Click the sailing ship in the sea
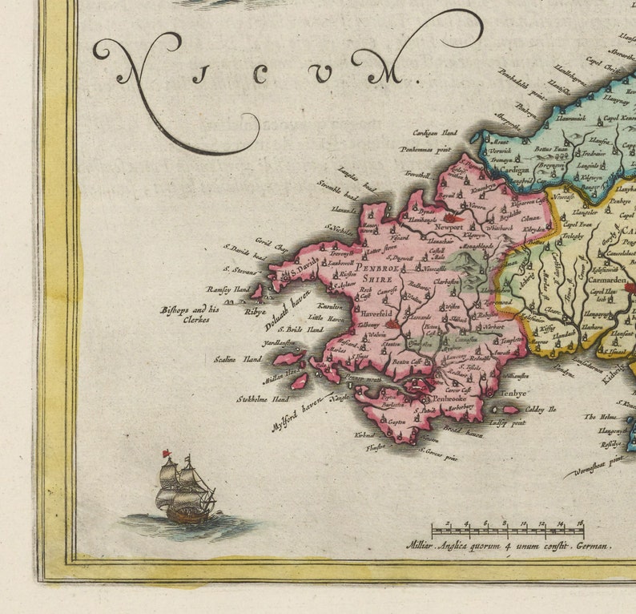(x=185, y=491)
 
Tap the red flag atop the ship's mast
(x=167, y=454)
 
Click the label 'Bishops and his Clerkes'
(x=185, y=313)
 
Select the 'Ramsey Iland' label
(x=228, y=289)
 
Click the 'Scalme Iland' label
(x=237, y=359)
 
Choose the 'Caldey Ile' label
(x=541, y=409)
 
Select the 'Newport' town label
(x=449, y=227)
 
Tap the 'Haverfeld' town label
(x=376, y=313)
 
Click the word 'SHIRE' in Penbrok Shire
(x=377, y=280)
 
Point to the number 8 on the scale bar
(x=505, y=523)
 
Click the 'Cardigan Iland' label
(x=435, y=132)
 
